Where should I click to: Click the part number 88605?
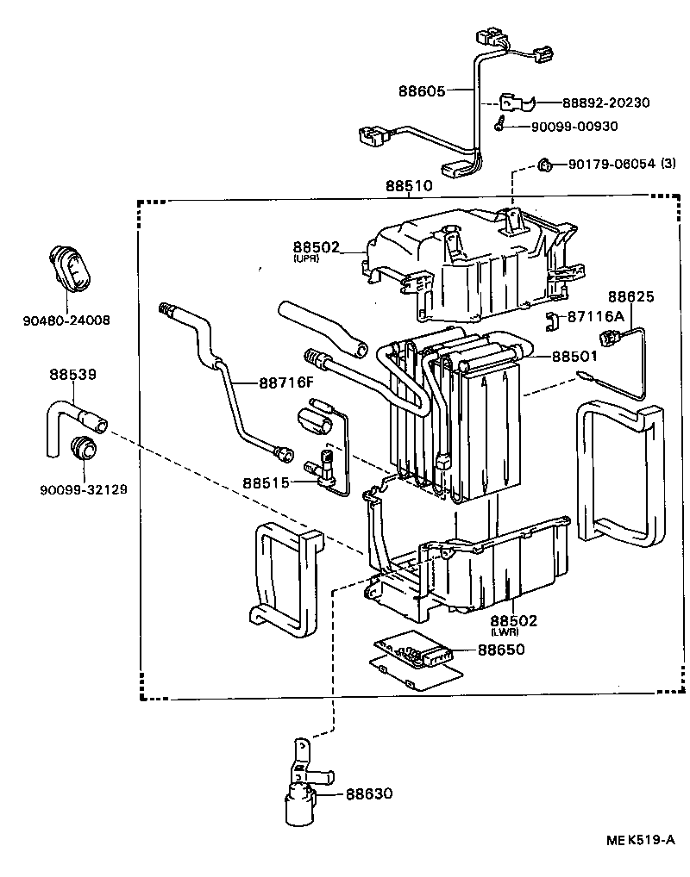[x=423, y=90]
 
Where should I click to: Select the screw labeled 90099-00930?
[x=500, y=126]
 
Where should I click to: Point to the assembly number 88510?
[x=409, y=186]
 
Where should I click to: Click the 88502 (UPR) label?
[x=319, y=249]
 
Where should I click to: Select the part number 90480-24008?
[x=66, y=320]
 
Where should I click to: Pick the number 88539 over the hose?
[x=72, y=375]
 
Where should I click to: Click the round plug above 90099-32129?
[x=84, y=449]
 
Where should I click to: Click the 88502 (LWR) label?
[x=514, y=621]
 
